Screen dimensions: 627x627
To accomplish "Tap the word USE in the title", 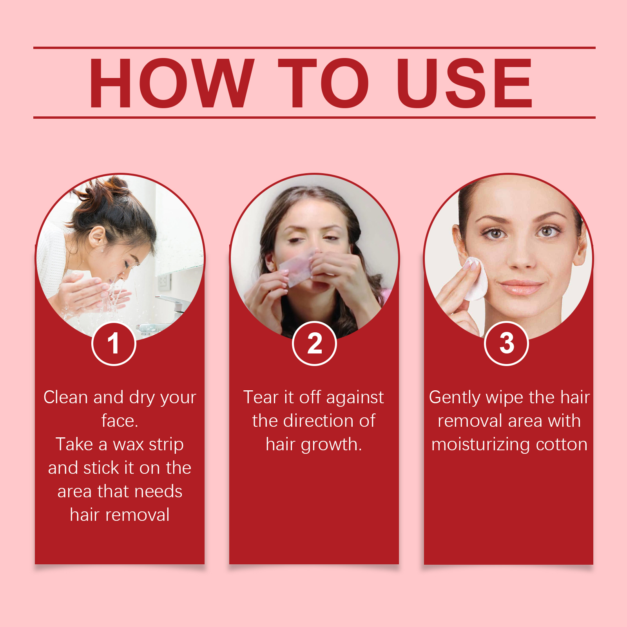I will (x=464, y=83).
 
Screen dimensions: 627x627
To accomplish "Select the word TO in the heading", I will (x=323, y=83).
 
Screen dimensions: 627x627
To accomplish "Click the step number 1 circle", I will (x=114, y=344).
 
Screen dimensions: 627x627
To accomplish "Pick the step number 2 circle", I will (x=314, y=344).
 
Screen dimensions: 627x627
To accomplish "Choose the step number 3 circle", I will (x=506, y=344).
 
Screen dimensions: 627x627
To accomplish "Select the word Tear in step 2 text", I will (x=261, y=397).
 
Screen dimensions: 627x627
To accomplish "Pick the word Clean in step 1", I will (x=65, y=397).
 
